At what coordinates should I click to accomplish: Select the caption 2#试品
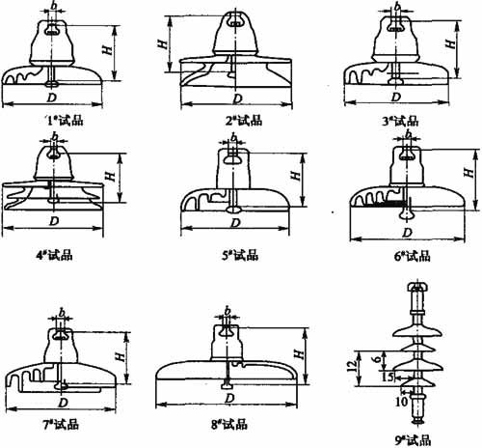[x=244, y=121]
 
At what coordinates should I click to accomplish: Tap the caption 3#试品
[x=401, y=122]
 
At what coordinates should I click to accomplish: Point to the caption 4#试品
[x=54, y=256]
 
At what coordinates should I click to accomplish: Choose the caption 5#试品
[x=240, y=256]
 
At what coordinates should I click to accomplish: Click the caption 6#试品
[x=413, y=257]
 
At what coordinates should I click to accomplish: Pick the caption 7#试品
[x=61, y=425]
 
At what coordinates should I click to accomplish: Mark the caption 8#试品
[x=229, y=425]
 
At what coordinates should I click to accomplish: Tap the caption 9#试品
[x=413, y=440]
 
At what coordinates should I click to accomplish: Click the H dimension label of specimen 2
[x=163, y=44]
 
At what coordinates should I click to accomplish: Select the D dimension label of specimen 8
[x=229, y=399]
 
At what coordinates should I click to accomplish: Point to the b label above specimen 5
[x=234, y=137]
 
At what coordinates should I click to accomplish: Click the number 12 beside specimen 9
[x=353, y=366]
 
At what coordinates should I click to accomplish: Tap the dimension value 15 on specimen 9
[x=388, y=377]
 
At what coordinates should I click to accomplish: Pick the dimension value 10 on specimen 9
[x=401, y=402]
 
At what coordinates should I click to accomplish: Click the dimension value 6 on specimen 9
[x=378, y=357]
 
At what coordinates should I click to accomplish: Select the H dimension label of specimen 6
[x=469, y=172]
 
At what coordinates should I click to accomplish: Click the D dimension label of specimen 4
[x=54, y=221]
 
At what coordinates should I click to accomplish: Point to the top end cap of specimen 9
[x=417, y=288]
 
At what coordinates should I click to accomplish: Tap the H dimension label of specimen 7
[x=120, y=356]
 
